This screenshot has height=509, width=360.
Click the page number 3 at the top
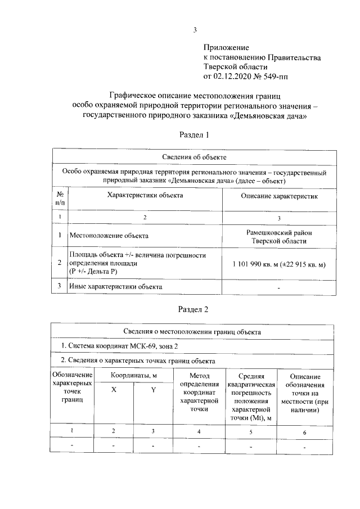[x=195, y=31]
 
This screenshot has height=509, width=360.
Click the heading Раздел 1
[x=194, y=135]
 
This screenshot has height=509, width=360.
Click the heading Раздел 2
[x=194, y=309]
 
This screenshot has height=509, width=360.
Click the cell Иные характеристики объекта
[x=115, y=286]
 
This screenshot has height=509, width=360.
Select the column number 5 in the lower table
[x=251, y=432]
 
